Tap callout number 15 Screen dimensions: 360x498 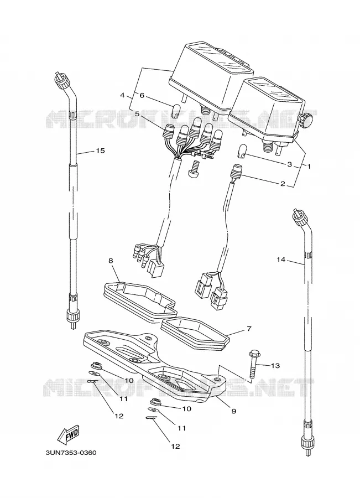point(100,151)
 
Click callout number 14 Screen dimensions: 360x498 point(280,260)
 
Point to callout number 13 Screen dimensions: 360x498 point(275,366)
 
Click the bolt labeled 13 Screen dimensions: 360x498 point(253,364)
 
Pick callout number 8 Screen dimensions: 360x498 point(111,261)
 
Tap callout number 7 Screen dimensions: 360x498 point(249,329)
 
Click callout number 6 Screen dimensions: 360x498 point(142,95)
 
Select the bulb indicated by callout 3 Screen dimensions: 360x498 point(242,151)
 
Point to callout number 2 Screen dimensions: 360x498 point(283,184)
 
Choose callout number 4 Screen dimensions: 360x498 point(123,95)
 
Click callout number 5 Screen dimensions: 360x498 point(137,113)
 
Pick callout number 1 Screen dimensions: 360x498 point(309,166)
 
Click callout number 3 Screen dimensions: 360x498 point(289,164)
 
